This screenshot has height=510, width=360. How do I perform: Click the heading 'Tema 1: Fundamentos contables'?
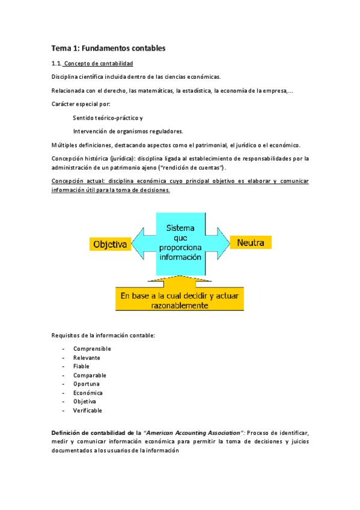[108, 48]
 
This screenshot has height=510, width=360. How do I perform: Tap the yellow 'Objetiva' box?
[110, 244]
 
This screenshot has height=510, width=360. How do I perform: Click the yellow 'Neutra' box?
[251, 242]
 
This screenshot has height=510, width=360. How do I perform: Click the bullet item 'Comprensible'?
[92, 348]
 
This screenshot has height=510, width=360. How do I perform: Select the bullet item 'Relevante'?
[87, 358]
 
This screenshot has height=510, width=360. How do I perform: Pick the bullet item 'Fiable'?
[82, 366]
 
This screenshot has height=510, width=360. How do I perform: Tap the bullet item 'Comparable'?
[90, 375]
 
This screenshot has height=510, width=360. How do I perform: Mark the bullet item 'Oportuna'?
[87, 384]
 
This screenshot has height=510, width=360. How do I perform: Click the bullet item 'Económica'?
[88, 393]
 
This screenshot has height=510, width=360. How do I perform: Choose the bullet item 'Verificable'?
[88, 410]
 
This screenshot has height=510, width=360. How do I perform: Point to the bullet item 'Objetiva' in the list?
[85, 401]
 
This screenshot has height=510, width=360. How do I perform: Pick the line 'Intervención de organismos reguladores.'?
[128, 131]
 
